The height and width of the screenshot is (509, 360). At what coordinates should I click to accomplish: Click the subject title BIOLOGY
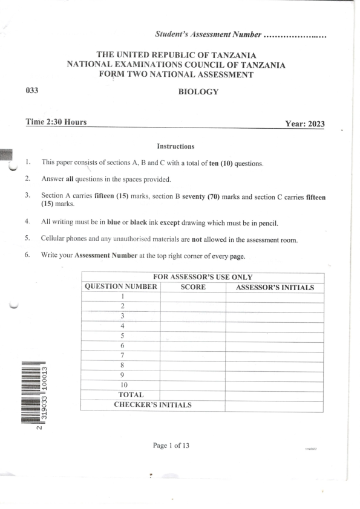pos(198,92)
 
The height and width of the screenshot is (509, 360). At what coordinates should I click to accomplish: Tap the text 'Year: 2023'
pos(304,124)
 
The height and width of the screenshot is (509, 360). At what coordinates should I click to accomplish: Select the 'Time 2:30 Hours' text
pos(56,122)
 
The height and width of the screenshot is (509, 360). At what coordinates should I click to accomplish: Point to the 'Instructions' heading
pos(175,146)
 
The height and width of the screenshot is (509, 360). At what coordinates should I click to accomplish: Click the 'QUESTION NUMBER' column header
pos(120,287)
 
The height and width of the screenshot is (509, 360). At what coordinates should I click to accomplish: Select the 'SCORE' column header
pos(193,287)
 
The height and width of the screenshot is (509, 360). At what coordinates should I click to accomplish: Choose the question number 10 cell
pos(123,384)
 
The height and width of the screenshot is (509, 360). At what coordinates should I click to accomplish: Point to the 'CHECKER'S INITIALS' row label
pos(152,405)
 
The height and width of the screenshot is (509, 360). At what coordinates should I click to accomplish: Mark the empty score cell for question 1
pos(193,297)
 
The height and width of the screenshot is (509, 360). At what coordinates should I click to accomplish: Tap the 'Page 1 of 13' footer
pos(171,446)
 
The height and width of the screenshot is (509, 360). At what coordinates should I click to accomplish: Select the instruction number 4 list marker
pos(27,222)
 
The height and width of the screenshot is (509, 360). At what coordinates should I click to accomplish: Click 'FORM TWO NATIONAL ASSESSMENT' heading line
pos(175,74)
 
